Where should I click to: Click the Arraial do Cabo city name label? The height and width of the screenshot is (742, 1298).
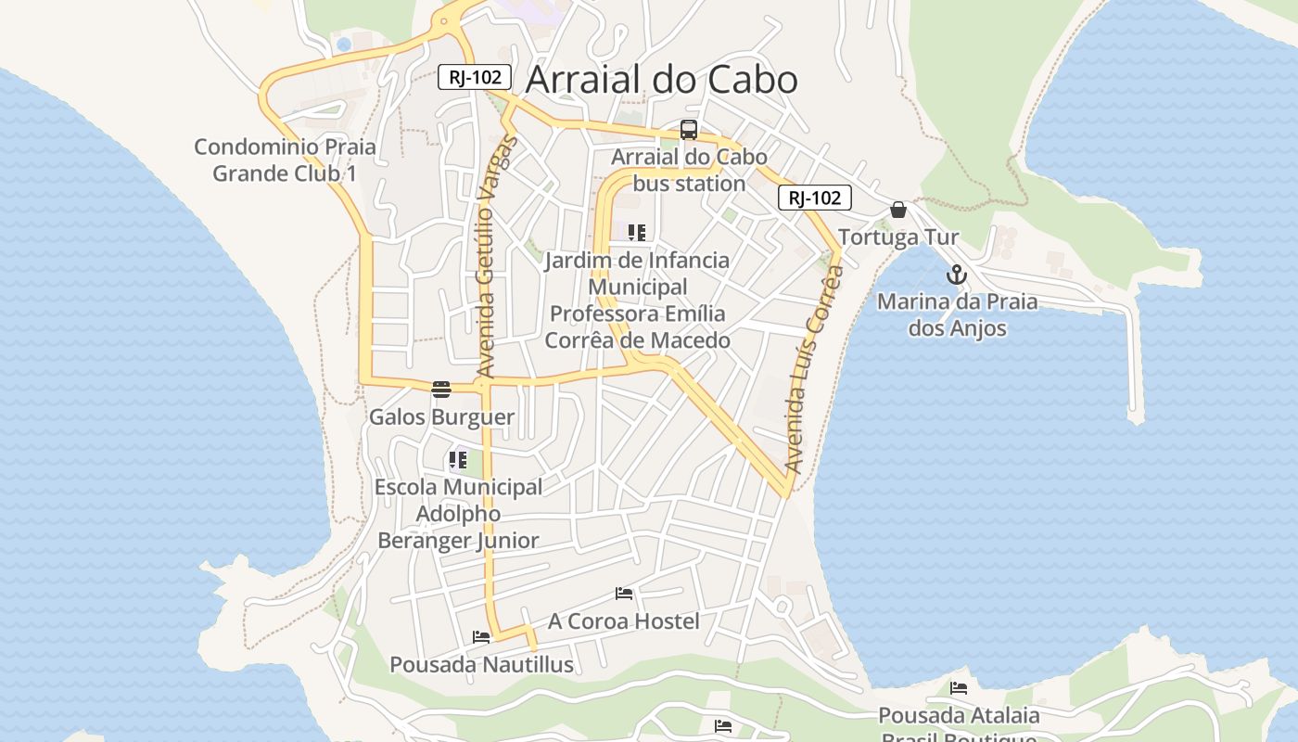(x=661, y=80)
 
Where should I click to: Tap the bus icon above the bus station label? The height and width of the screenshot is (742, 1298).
(x=689, y=130)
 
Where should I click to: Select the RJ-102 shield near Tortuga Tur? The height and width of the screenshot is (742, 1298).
(x=814, y=198)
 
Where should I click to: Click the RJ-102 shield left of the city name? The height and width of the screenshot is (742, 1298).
(x=475, y=77)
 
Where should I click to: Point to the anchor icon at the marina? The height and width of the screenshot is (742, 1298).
(x=957, y=275)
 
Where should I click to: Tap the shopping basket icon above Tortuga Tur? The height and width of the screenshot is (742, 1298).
(x=897, y=210)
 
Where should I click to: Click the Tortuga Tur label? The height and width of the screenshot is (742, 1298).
(x=898, y=237)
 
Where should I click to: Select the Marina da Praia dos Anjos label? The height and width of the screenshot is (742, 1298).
(x=957, y=314)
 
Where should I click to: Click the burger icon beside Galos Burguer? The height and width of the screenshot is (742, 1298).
(x=441, y=389)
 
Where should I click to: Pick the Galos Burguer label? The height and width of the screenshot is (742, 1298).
(x=441, y=416)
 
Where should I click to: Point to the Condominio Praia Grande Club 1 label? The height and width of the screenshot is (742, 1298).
(x=286, y=160)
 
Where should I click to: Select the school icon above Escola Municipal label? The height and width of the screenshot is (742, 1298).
(x=457, y=459)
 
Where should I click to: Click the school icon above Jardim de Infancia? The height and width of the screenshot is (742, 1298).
(x=636, y=232)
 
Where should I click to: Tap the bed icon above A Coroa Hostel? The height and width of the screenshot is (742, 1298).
(x=624, y=594)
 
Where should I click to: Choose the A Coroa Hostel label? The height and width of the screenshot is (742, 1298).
(x=624, y=620)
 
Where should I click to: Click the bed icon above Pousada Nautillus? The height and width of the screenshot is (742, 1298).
(x=481, y=637)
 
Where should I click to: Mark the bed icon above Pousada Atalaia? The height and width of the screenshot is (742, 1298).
(x=959, y=688)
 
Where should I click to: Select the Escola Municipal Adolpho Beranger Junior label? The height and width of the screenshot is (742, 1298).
(x=458, y=514)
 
